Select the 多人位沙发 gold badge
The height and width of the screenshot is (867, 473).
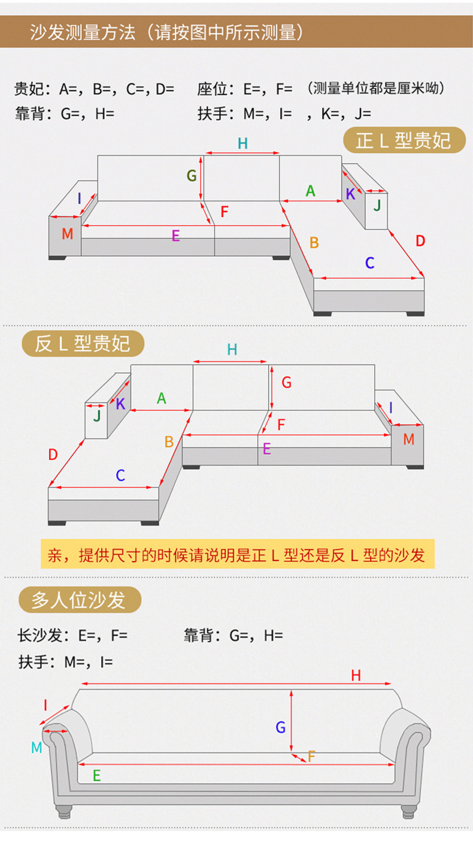tap(80, 600)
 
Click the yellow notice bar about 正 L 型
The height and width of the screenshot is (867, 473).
tap(236, 555)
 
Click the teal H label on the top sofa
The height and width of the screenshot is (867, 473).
tap(242, 143)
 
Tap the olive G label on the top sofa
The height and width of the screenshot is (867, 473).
tap(192, 176)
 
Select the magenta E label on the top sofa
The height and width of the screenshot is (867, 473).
tap(175, 235)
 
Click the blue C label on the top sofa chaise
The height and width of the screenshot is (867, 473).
tap(369, 262)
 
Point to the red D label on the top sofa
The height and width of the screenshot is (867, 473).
tap(420, 241)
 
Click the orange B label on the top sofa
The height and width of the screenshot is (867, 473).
tap(314, 243)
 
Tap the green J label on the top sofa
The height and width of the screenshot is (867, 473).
tap(377, 206)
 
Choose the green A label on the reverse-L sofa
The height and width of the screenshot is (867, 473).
tap(161, 398)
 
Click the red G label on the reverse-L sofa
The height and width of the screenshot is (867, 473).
tap(286, 382)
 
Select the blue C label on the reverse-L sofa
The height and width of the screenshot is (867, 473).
tap(120, 475)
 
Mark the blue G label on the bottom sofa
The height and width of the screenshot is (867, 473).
tap(280, 727)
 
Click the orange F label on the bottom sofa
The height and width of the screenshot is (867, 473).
tap(311, 757)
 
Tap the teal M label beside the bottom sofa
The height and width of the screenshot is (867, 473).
tap(37, 747)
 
